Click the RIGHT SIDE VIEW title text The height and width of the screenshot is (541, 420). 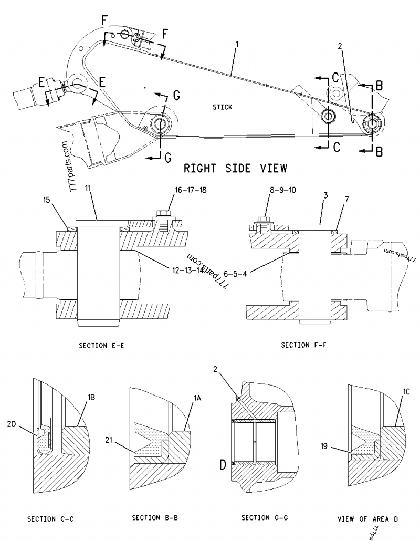[235, 168]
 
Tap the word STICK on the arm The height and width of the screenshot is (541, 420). [222, 107]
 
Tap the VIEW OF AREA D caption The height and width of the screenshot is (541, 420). [367, 519]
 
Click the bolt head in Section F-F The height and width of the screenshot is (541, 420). [264, 215]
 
